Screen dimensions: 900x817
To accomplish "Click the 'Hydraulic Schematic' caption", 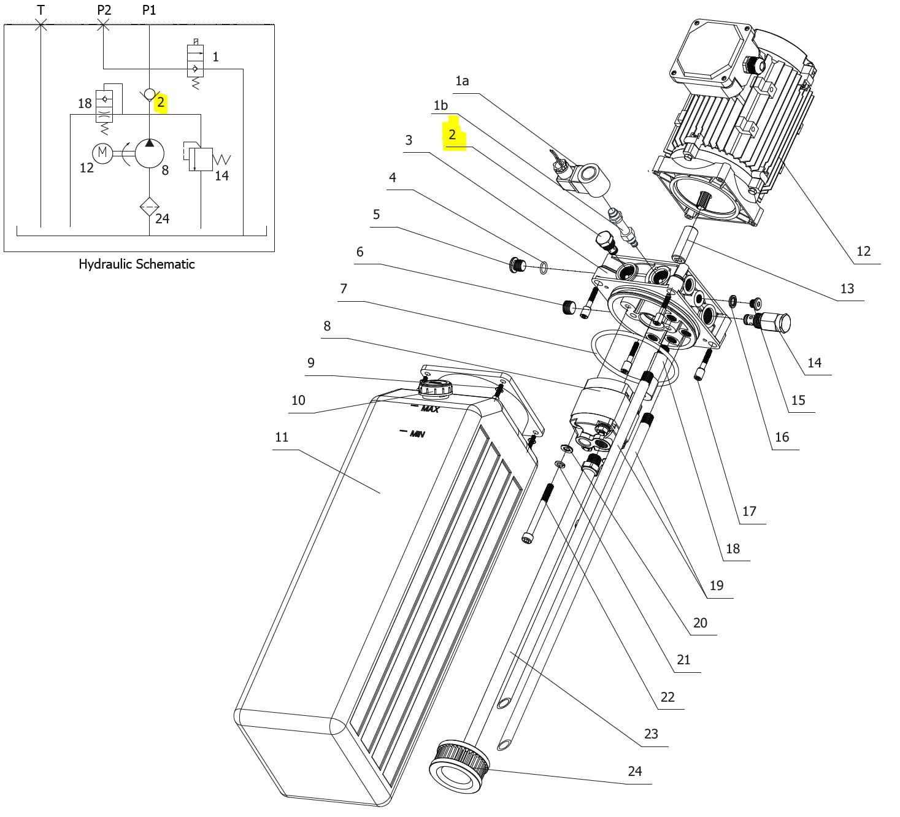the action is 136,264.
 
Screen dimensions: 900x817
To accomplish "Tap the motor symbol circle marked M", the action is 102,153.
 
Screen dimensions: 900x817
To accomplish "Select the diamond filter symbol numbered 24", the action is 150,207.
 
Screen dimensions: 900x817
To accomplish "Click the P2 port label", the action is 104,10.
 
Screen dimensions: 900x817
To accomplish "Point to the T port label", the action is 41,10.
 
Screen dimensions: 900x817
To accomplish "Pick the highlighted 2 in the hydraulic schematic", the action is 161,103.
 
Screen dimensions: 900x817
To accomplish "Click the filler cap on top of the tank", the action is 435,387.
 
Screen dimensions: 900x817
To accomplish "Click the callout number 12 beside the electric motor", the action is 864,251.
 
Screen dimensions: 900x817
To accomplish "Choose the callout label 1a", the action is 462,81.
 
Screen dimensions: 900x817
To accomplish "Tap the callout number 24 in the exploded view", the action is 634,771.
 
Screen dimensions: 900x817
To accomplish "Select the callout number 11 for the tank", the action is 282,437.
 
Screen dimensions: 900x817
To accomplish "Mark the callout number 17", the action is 749,511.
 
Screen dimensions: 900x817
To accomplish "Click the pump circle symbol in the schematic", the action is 150,153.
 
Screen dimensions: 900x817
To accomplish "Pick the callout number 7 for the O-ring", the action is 344,288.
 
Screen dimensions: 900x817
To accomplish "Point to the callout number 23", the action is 650,734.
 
